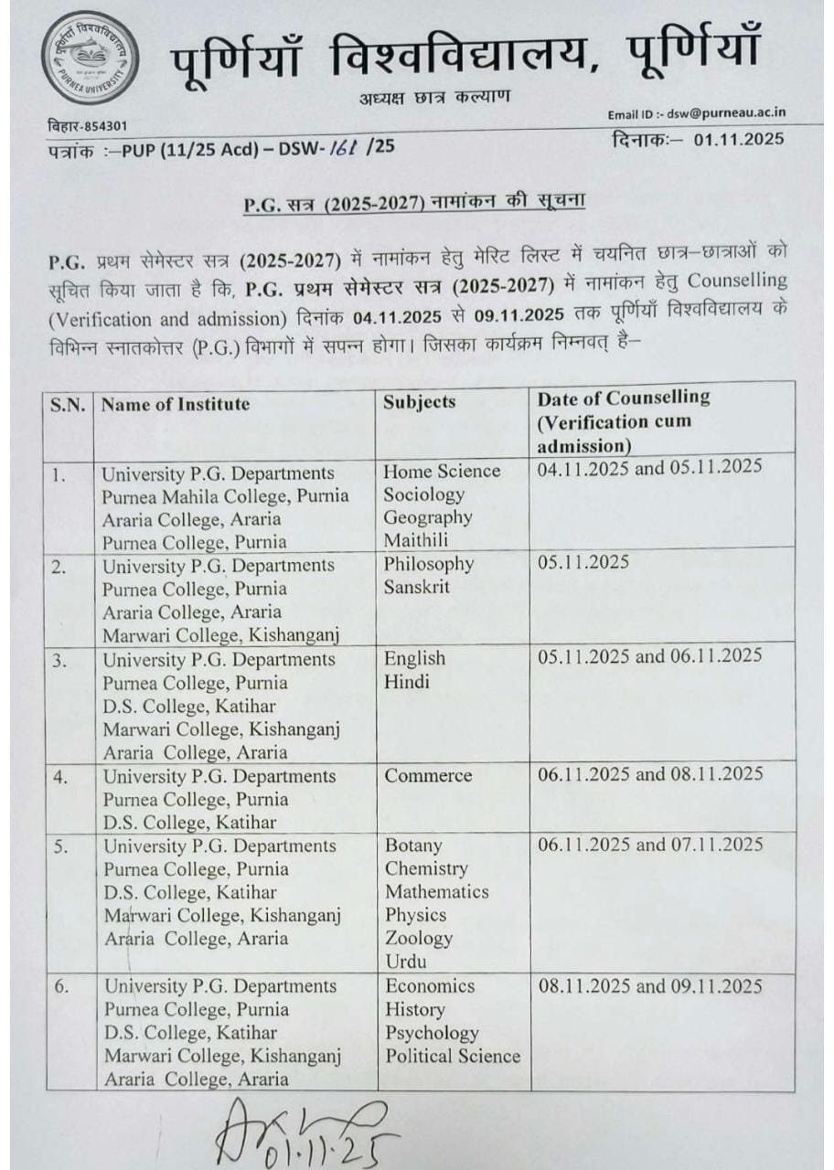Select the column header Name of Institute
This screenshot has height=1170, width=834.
176,403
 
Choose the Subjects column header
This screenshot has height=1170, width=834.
420,401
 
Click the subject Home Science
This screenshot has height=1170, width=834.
442,471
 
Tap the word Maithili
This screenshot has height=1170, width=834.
417,540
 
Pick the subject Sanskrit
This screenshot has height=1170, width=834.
417,587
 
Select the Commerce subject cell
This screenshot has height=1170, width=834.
428,775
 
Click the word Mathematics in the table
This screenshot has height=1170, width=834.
437,891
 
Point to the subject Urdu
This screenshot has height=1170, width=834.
405,961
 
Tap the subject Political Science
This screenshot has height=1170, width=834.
453,1056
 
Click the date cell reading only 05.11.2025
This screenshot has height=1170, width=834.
583,561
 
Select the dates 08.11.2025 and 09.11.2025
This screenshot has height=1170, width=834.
650,986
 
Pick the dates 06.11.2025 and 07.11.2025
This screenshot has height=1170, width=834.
650,845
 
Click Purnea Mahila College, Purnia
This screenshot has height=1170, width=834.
225,495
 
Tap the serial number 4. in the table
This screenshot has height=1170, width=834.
59,776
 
